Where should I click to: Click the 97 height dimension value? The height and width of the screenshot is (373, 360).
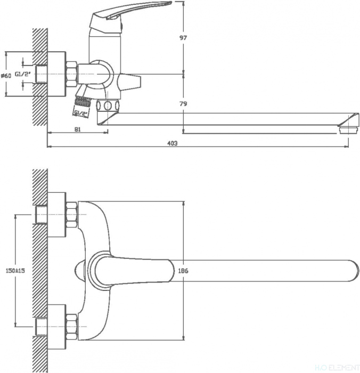click(183, 38)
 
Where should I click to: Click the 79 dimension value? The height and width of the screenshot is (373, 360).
click(183, 103)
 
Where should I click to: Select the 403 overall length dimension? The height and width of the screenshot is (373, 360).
click(171, 143)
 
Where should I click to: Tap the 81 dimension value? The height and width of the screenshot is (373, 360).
click(77, 129)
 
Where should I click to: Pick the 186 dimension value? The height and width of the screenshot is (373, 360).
click(183, 271)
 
